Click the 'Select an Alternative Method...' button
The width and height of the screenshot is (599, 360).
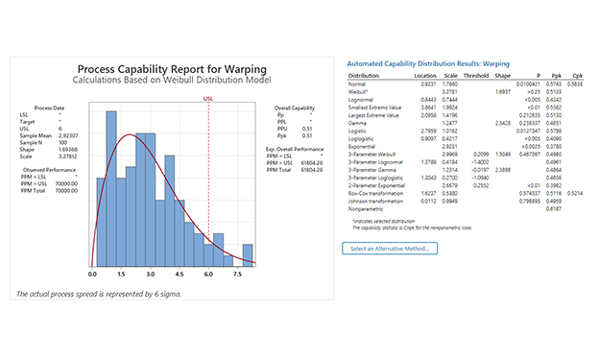390,249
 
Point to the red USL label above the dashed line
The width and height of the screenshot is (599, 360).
208,97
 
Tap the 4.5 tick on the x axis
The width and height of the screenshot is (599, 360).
180,274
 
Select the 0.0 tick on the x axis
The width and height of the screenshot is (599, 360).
92,274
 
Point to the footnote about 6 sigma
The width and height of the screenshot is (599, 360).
99,293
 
